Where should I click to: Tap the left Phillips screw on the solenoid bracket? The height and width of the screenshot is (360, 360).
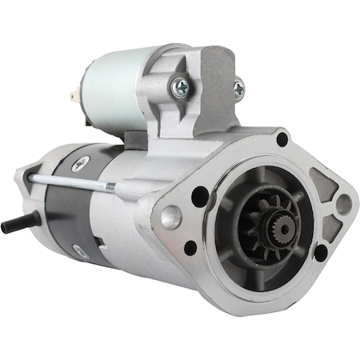[x=182, y=89]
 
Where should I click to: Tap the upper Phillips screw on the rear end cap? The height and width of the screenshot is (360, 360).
[x=79, y=164]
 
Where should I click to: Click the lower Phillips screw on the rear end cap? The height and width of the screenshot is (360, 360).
[x=80, y=250]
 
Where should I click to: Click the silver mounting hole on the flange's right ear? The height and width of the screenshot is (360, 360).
[x=343, y=205]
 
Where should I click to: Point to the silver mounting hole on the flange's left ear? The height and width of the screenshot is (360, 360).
[x=170, y=217]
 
